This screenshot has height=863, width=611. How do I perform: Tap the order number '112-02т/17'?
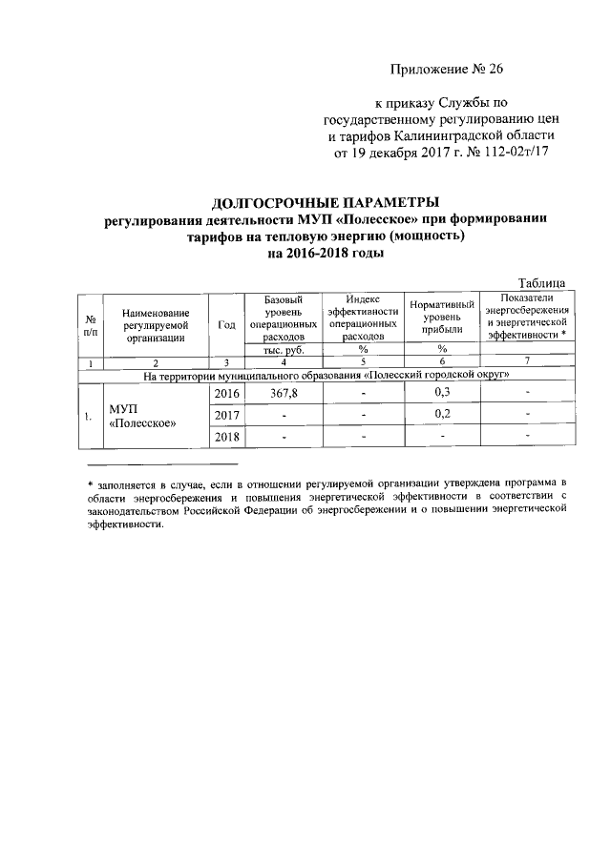click(515, 153)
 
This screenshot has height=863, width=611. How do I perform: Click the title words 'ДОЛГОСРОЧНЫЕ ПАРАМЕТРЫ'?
click(326, 203)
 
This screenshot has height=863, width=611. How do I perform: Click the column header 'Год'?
click(226, 324)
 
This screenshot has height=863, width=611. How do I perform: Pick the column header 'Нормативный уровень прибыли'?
click(442, 317)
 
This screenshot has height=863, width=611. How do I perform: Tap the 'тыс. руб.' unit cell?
click(284, 350)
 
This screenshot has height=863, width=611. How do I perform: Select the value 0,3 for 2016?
click(442, 393)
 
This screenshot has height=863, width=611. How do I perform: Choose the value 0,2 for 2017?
click(442, 415)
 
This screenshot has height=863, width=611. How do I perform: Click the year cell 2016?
click(226, 393)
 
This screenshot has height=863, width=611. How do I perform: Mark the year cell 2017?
click(226, 415)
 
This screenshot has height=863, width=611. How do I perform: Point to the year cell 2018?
click(226, 437)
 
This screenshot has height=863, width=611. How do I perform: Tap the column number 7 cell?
click(527, 362)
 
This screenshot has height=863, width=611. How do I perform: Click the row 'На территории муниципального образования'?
click(326, 376)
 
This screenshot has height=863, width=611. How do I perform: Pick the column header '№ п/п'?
click(91, 324)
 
